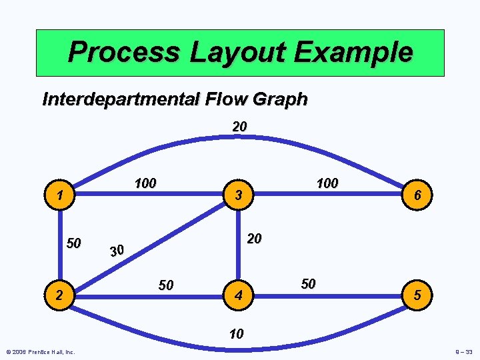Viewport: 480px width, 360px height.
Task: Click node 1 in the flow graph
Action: coord(61,195)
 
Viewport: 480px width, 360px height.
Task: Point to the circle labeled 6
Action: coord(416,195)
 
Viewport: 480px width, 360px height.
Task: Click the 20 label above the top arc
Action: coord(240,125)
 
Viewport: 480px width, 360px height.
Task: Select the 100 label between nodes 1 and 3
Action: coord(145,183)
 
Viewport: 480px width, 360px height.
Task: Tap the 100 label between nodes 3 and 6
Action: coord(327,183)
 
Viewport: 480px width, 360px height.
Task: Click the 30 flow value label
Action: coord(117,250)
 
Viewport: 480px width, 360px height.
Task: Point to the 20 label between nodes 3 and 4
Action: coord(254,239)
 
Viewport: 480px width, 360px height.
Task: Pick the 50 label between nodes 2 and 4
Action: coord(165,285)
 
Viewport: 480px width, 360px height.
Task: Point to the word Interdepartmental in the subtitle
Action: coord(117,99)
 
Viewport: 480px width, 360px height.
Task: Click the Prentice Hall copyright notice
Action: coord(41,352)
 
